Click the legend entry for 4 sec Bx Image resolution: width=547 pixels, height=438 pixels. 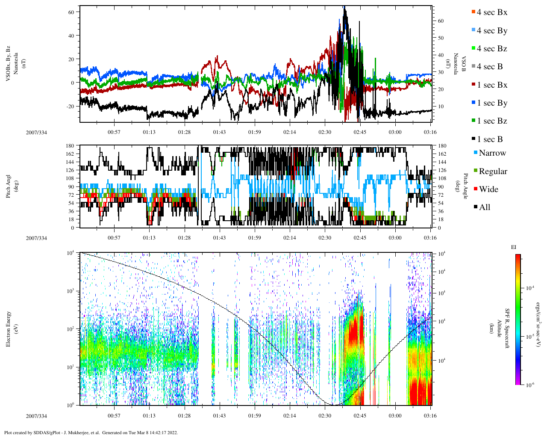pyautogui.click(x=491, y=12)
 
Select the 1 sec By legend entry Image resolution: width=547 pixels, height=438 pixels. pyautogui.click(x=492, y=103)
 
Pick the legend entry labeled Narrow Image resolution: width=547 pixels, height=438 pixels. pyautogui.click(x=492, y=153)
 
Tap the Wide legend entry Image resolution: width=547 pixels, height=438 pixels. pyautogui.click(x=488, y=189)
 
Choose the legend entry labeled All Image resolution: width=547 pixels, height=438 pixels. pyautogui.click(x=484, y=207)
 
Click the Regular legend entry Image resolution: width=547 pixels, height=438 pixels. pyautogui.click(x=493, y=172)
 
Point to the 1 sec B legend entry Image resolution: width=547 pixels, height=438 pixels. pyautogui.click(x=490, y=139)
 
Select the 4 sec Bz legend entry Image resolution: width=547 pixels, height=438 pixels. pyautogui.click(x=491, y=49)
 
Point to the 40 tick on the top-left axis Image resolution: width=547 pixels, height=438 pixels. pyautogui.click(x=71, y=36)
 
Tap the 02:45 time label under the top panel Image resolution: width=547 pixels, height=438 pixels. pyautogui.click(x=360, y=132)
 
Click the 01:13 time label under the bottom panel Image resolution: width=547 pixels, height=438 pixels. pyautogui.click(x=149, y=416)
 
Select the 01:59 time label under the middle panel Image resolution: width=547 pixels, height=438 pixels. pyautogui.click(x=254, y=238)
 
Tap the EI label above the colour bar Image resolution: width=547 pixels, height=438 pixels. pyautogui.click(x=514, y=247)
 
